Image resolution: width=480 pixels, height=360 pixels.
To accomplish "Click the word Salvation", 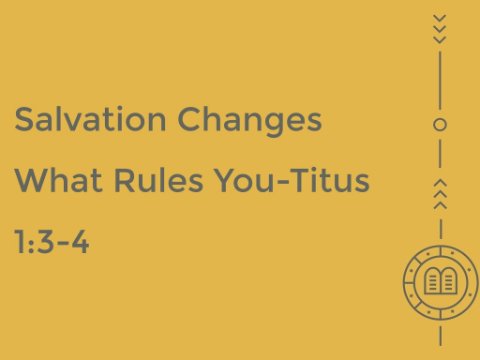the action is [x=90, y=119].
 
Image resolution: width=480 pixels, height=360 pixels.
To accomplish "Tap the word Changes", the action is [x=250, y=122].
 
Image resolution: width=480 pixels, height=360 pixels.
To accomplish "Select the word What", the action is [x=58, y=180].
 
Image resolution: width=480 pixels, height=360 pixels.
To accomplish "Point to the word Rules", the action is [x=158, y=180].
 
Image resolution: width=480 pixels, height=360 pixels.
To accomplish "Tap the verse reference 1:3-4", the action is [x=52, y=241].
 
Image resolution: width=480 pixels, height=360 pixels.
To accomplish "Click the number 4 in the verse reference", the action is [x=80, y=241].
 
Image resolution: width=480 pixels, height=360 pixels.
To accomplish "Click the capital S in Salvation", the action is [x=24, y=119].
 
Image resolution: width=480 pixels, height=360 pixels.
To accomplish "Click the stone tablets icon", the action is [x=440, y=281].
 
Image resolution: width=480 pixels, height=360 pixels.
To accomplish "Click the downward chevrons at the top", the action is [x=440, y=29].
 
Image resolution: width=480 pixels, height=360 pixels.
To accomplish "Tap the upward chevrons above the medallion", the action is [x=440, y=194].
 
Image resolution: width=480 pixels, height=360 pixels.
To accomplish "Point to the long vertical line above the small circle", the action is [x=440, y=80].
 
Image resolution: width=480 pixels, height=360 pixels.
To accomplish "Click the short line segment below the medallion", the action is [x=440, y=336].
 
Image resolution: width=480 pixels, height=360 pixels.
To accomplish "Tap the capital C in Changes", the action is [x=189, y=119].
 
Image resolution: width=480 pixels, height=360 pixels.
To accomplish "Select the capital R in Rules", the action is [x=124, y=180].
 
